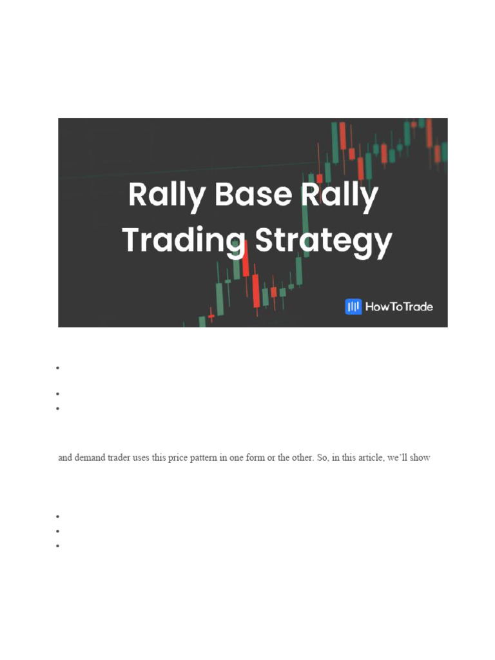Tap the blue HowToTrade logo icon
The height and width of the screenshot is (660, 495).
(x=353, y=306)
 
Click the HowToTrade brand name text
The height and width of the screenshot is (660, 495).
(x=399, y=306)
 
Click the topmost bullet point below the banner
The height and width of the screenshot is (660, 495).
(x=58, y=368)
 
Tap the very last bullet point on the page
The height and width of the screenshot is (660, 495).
(x=58, y=545)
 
